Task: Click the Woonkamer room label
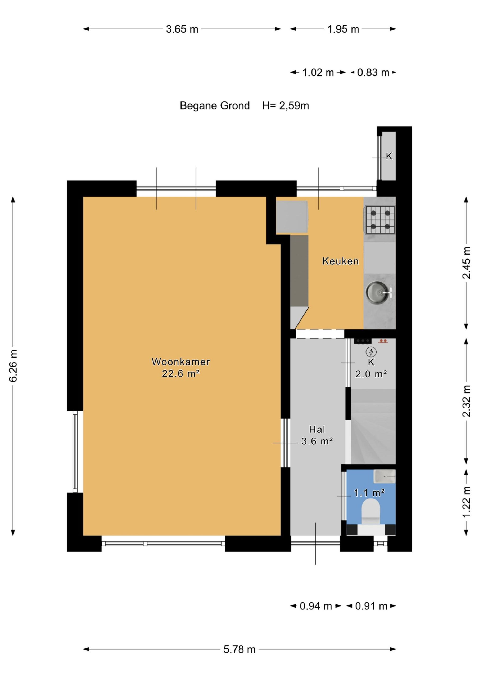pyautogui.click(x=181, y=362)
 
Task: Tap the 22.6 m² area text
pyautogui.click(x=181, y=374)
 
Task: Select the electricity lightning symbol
pyautogui.click(x=371, y=352)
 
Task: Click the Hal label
pyautogui.click(x=317, y=429)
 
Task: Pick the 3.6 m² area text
pyautogui.click(x=317, y=441)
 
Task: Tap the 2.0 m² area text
pyautogui.click(x=371, y=374)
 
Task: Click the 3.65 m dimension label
pyautogui.click(x=182, y=29)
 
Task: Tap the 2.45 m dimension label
pyautogui.click(x=466, y=263)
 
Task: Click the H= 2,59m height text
pyautogui.click(x=286, y=106)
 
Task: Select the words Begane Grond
pyautogui.click(x=215, y=106)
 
